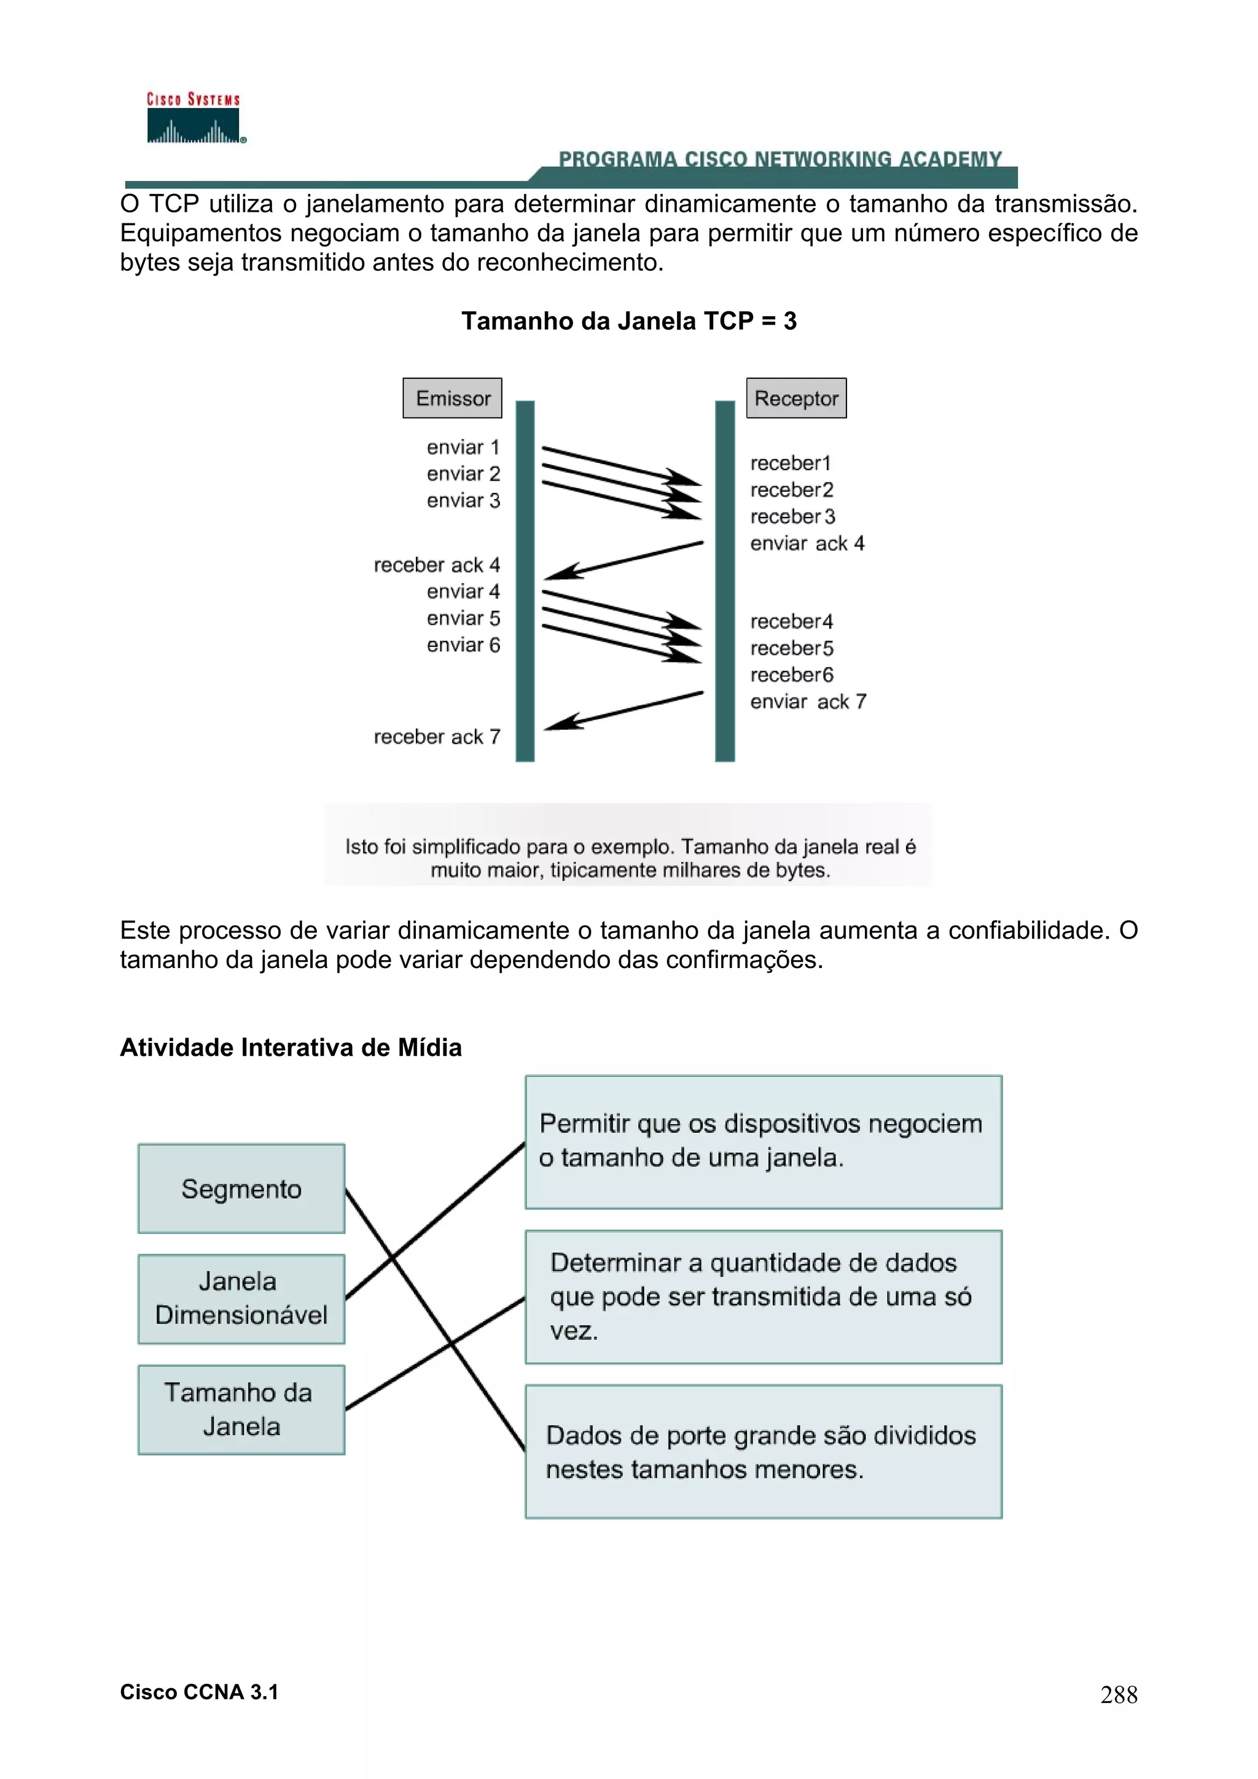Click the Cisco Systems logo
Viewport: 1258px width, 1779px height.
pos(193,118)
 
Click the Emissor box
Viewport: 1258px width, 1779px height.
pos(453,398)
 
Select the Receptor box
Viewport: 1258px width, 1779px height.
pos(796,398)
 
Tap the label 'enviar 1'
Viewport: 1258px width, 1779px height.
pos(463,447)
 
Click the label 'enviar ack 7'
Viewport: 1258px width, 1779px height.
pos(808,701)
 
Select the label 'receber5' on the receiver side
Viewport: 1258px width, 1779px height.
pos(791,648)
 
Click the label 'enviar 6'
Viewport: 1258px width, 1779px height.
pos(463,645)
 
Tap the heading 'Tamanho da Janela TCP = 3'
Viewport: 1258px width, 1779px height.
pos(628,321)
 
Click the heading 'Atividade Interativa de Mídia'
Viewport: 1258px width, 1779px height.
pos(291,1047)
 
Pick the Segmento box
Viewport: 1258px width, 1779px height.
pos(241,1188)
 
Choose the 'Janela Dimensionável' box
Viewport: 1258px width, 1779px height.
pos(241,1298)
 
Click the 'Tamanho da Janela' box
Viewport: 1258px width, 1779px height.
pos(241,1409)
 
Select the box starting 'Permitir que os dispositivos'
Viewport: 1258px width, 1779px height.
pos(764,1141)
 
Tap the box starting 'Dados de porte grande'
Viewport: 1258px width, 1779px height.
pos(764,1452)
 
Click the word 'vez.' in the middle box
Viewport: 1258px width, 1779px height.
pos(574,1331)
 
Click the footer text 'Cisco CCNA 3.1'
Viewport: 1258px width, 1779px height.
pos(199,1692)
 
